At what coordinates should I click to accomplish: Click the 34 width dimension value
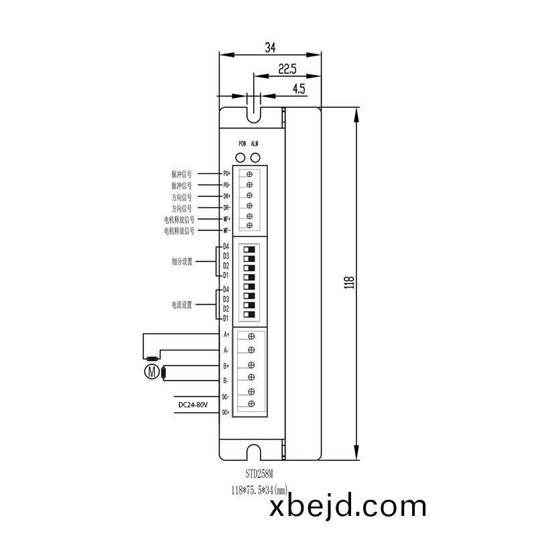tap(270, 48)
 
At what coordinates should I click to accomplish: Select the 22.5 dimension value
tap(287, 68)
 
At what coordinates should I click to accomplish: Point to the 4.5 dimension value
tap(299, 88)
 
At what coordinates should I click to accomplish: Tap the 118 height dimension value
tap(348, 281)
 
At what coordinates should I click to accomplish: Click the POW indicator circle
tap(242, 157)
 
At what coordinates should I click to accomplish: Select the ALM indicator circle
tap(255, 157)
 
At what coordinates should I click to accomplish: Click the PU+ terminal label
tap(226, 173)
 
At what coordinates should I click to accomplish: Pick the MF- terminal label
tap(226, 230)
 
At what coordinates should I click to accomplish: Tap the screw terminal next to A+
tap(251, 336)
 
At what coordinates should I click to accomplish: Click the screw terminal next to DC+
tap(251, 403)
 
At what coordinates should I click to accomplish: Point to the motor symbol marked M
tap(153, 372)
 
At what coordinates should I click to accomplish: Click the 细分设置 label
tap(182, 262)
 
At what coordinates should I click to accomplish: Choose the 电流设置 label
tap(182, 305)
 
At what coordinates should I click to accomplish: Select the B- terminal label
tap(226, 381)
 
